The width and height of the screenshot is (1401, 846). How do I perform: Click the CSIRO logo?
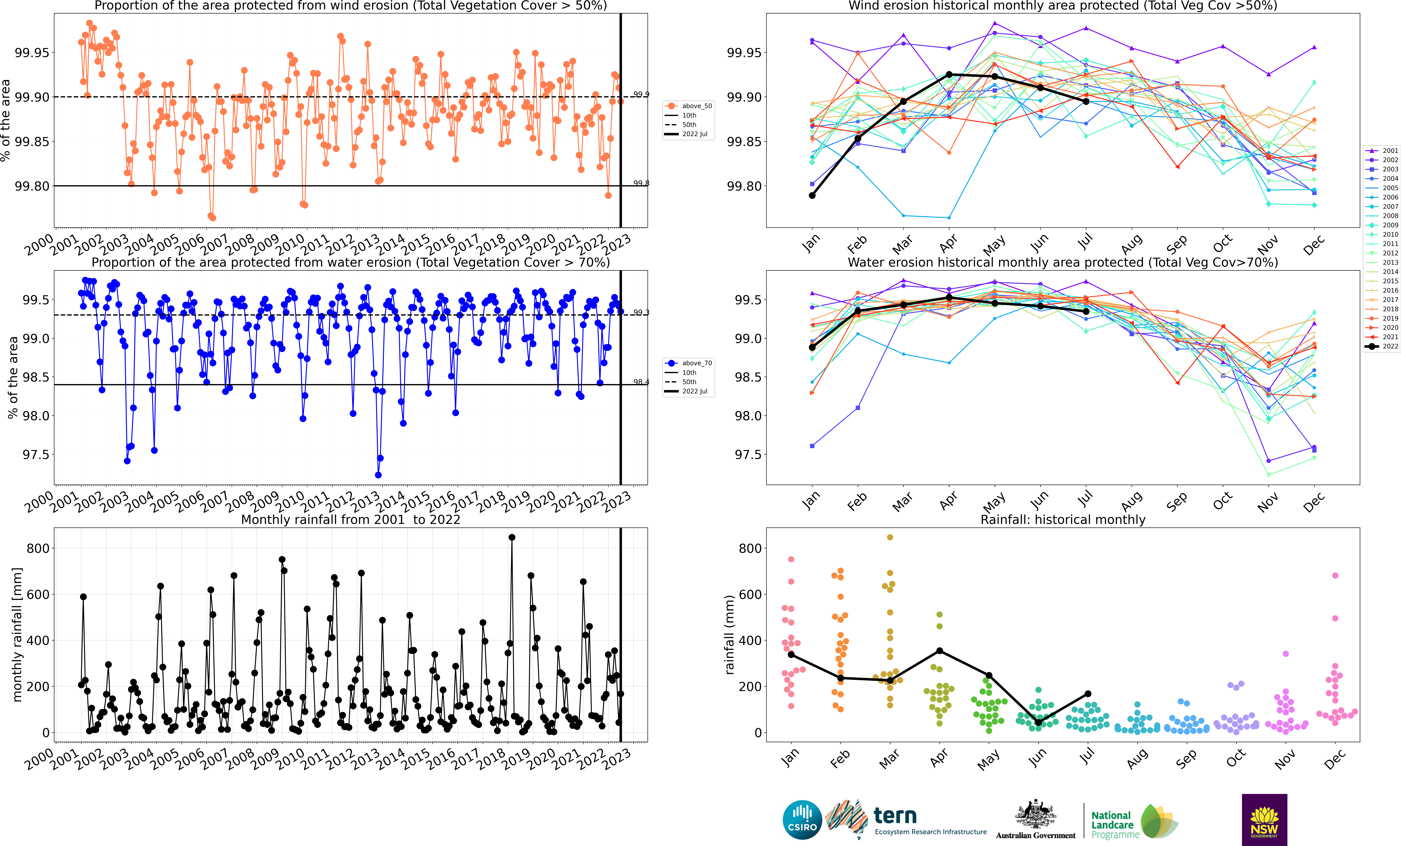pos(802,820)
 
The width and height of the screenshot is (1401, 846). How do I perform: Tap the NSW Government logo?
pos(1264,820)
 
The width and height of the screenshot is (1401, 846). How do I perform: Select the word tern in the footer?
pos(895,816)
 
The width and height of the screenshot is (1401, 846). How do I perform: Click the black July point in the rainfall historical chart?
pos(1088,694)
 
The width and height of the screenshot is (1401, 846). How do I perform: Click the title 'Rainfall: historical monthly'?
pos(1063,519)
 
